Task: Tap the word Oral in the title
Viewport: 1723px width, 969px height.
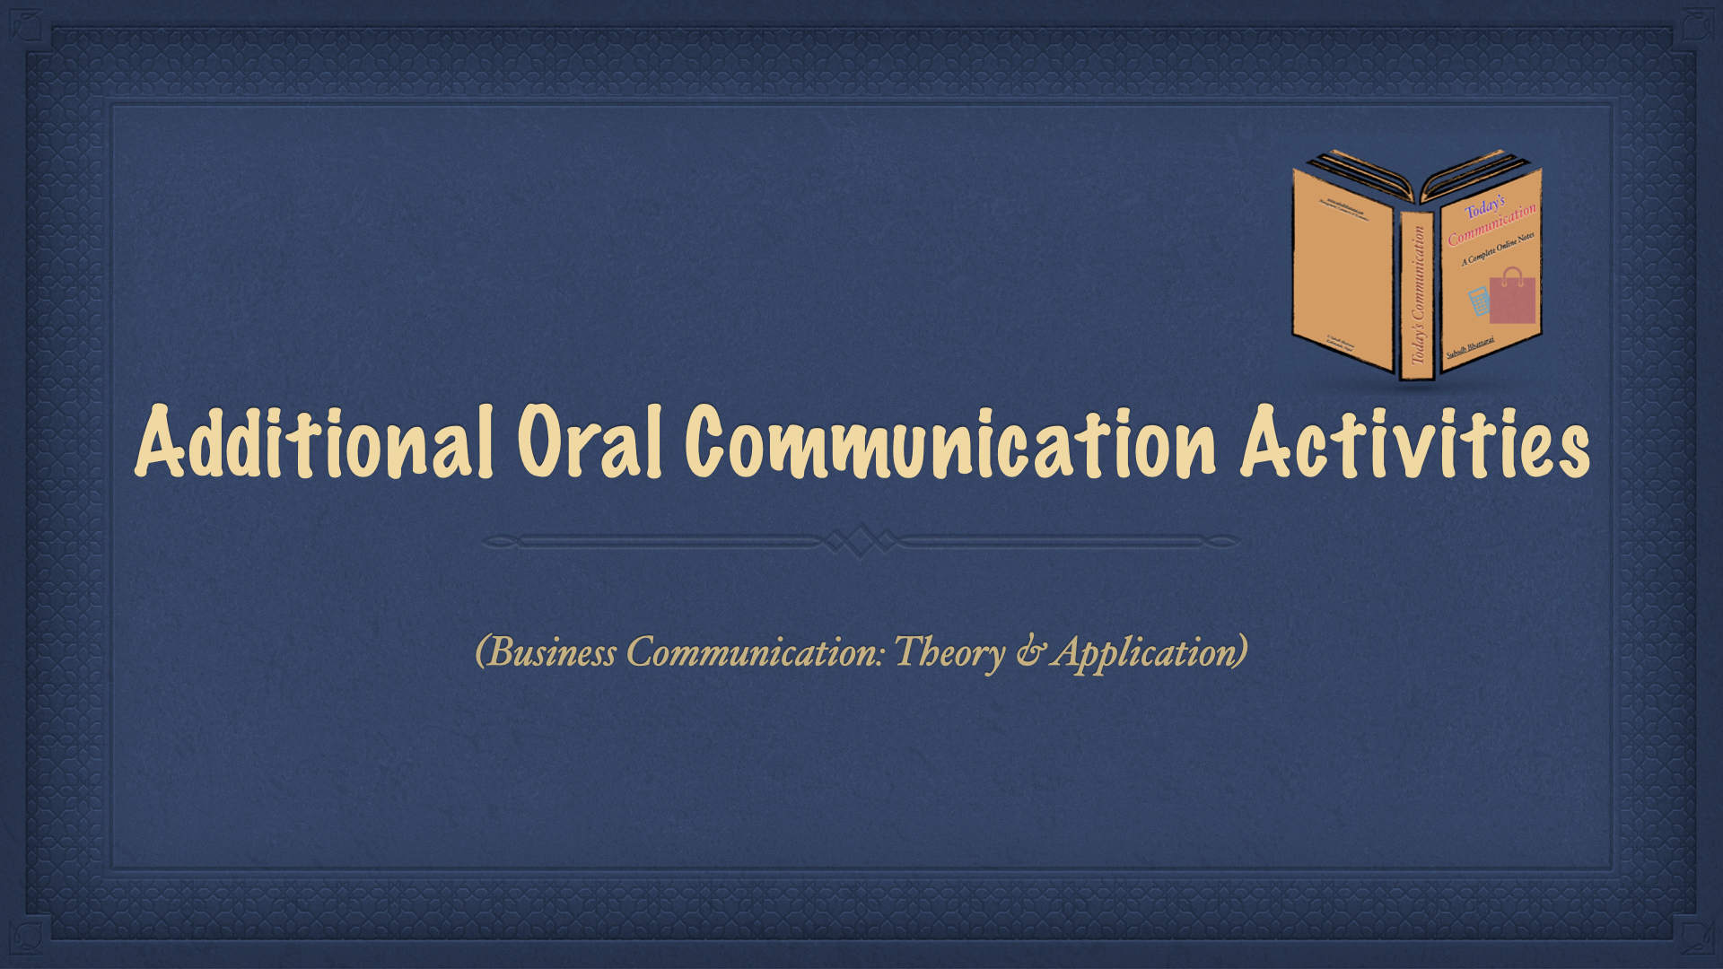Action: pyautogui.click(x=589, y=441)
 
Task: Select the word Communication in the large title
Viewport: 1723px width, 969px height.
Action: pyautogui.click(x=949, y=441)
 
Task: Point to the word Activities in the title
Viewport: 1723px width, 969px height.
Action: pyautogui.click(x=1414, y=441)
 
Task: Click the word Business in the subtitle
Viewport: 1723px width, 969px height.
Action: pyautogui.click(x=546, y=652)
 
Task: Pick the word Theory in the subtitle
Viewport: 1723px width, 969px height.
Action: pyautogui.click(x=949, y=652)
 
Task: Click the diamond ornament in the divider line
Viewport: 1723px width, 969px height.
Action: pyautogui.click(x=860, y=541)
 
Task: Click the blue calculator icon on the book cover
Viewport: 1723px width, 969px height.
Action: pyautogui.click(x=1478, y=301)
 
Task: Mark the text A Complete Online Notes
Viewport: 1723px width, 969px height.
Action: pyautogui.click(x=1498, y=249)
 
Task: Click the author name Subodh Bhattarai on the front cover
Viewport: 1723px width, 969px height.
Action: pyautogui.click(x=1470, y=347)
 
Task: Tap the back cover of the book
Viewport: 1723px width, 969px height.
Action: pyautogui.click(x=1343, y=269)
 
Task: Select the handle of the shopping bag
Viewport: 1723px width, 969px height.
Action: pyautogui.click(x=1512, y=274)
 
